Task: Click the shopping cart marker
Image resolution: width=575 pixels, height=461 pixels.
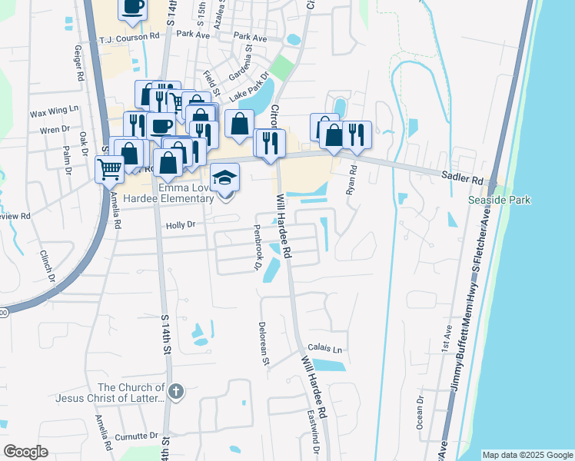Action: (110, 168)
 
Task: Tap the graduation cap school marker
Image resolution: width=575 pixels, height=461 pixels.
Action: (225, 177)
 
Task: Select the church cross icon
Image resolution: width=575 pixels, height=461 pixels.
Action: (176, 392)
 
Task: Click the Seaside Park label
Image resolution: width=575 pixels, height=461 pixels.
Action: (500, 201)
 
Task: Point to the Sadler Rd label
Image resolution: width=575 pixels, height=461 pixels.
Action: (462, 177)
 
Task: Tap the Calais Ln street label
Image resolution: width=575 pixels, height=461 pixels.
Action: (324, 348)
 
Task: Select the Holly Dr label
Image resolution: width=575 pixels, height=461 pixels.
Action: (181, 225)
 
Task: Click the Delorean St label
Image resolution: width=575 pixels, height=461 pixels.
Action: (264, 343)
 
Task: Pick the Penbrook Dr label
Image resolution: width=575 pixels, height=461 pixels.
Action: (258, 247)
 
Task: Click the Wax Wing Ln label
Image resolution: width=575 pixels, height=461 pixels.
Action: (55, 111)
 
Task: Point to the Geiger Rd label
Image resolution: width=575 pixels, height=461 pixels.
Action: (78, 63)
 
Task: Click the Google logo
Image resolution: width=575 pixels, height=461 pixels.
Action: (25, 452)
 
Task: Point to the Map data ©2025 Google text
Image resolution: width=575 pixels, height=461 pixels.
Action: (527, 455)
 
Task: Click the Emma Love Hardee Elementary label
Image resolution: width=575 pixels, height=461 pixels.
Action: (175, 193)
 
